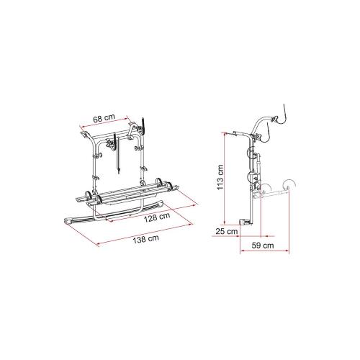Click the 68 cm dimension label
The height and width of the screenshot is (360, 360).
click(104, 118)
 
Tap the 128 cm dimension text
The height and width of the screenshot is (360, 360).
click(157, 217)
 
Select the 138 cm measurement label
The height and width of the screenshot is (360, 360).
click(146, 239)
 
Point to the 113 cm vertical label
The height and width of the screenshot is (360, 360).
click(220, 177)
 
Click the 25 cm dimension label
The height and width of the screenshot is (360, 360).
click(227, 232)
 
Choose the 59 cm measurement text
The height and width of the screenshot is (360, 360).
click(263, 246)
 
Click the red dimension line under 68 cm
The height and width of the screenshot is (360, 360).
click(104, 122)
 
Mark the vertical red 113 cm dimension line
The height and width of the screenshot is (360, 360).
click(225, 178)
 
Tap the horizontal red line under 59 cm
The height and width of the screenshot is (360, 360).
click(265, 251)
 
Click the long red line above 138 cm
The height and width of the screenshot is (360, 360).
click(145, 234)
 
